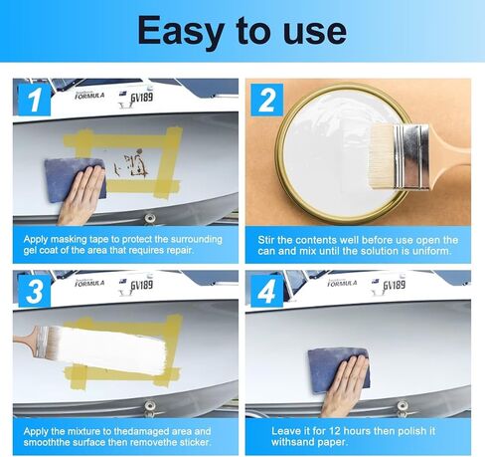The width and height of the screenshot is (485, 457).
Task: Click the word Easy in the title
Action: click(180, 32)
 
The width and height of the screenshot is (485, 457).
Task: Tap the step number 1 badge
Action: click(34, 100)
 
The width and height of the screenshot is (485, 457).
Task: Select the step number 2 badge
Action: click(267, 100)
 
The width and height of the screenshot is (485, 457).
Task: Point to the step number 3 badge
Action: click(35, 291)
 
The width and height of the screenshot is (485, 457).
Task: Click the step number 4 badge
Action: click(267, 291)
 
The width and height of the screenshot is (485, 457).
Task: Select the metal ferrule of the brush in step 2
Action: click(411, 156)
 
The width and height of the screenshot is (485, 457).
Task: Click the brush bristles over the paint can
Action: click(381, 157)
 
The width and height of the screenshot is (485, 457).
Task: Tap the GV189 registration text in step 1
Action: click(141, 98)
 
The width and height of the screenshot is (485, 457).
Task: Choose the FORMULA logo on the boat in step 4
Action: click(342, 283)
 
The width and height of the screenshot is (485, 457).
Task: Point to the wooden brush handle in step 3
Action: click(26, 339)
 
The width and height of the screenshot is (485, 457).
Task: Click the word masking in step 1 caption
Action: click(65, 240)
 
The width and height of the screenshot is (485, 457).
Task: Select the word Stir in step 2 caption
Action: click(265, 240)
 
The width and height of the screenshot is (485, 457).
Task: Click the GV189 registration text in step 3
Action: click(141, 285)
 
